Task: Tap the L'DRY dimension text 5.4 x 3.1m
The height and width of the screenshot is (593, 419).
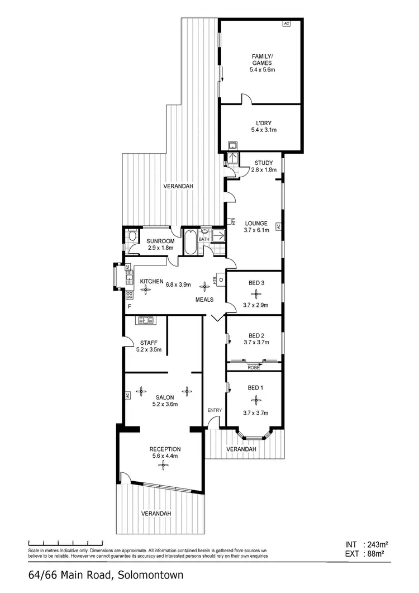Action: coord(264,130)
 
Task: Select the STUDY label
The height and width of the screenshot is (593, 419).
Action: coord(263,163)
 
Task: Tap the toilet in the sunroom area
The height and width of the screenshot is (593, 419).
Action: coord(131,236)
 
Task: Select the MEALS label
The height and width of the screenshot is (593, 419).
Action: coord(204,300)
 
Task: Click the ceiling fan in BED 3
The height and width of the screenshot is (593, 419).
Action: coord(256,293)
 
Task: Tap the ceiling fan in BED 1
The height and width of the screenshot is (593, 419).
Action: coord(256,399)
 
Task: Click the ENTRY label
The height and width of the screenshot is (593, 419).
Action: coord(215,410)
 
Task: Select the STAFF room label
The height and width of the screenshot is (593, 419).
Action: coord(148,343)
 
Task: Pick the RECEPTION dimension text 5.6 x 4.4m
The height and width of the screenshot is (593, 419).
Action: coord(165,456)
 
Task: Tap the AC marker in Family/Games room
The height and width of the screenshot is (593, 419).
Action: coord(287,24)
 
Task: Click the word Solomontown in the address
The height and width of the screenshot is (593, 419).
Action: coord(149,575)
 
